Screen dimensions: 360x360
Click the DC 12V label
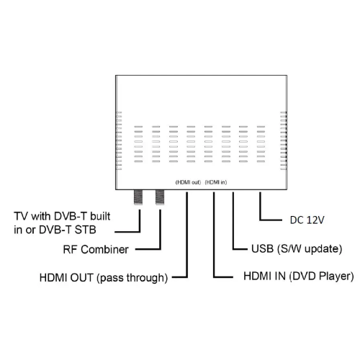307,220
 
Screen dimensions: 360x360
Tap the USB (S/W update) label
297,249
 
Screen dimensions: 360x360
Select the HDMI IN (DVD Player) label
299,276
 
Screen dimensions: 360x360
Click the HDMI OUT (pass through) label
104,278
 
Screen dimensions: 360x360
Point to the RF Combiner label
96,249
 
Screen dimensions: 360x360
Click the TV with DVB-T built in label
62,223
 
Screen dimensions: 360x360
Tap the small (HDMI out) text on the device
188,182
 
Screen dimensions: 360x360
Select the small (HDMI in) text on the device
216,182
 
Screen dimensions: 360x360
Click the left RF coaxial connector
138,197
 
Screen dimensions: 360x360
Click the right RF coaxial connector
160,197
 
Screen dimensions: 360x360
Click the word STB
86,230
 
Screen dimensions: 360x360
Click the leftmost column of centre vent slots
138,144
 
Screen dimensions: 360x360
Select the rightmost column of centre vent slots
261,144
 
